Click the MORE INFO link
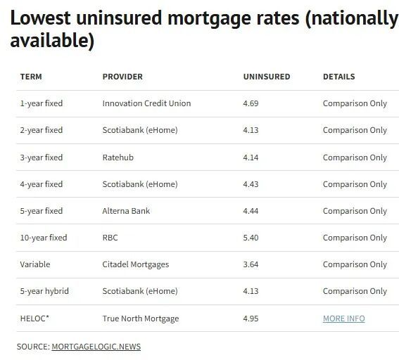click(344, 319)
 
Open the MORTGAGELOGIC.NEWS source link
click(96, 347)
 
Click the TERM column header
click(31, 77)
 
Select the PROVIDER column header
click(122, 77)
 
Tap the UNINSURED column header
click(267, 77)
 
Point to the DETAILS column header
click(339, 77)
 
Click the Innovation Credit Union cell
click(146, 103)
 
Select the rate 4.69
click(251, 103)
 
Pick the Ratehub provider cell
click(118, 157)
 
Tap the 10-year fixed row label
click(44, 238)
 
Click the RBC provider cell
click(110, 238)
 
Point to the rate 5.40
click(251, 238)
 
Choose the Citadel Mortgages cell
click(136, 264)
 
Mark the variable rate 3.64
click(251, 264)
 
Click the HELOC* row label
click(34, 319)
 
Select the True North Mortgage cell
click(141, 319)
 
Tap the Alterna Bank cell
click(126, 211)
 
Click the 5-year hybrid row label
click(44, 291)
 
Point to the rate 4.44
click(251, 211)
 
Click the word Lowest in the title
click(40, 18)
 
